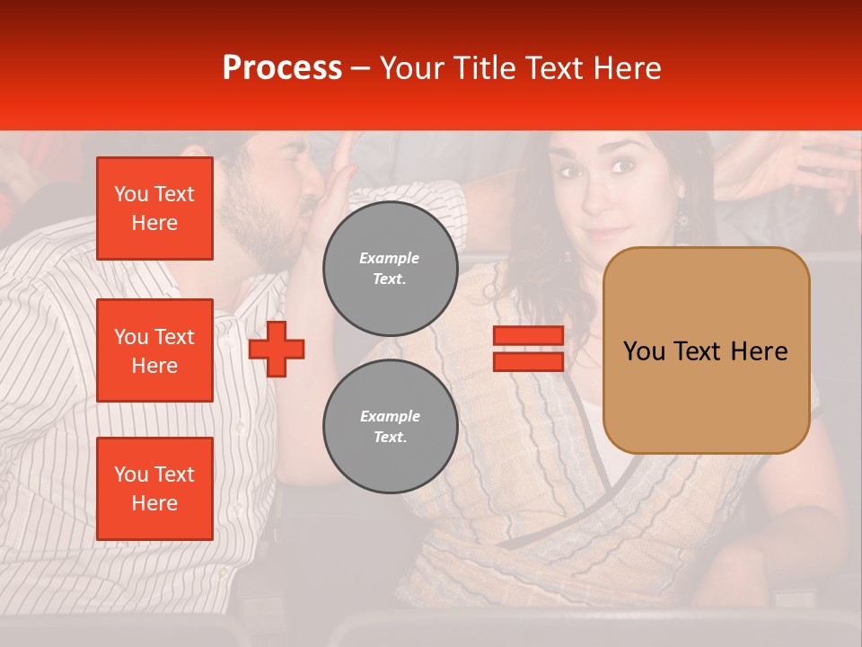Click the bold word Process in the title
click(282, 68)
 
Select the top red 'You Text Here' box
click(154, 208)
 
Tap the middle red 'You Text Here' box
click(154, 350)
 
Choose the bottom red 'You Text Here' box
click(154, 489)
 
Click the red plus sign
click(277, 349)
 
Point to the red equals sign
click(528, 349)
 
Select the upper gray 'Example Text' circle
click(390, 268)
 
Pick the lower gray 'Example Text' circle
click(390, 426)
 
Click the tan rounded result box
click(706, 350)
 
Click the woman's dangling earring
click(682, 218)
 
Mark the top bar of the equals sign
click(528, 336)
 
